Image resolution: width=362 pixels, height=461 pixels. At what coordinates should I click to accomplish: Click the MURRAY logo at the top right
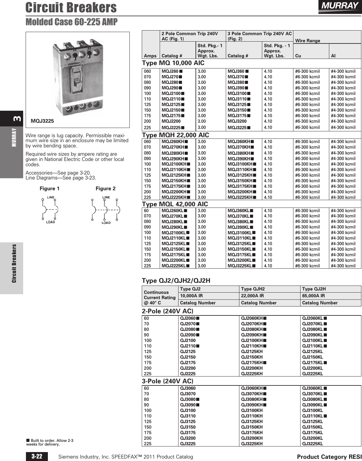coord(339,6)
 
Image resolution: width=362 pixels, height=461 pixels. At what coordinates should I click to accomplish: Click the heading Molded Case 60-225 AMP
coord(71,22)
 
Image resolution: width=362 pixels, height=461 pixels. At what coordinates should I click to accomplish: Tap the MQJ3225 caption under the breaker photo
coord(43,121)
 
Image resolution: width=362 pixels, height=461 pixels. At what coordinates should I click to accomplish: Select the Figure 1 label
coord(49,188)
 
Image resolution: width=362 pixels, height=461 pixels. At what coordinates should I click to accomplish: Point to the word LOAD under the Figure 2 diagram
coord(106,223)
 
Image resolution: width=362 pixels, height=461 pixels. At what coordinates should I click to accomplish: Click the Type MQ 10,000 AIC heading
coord(173,63)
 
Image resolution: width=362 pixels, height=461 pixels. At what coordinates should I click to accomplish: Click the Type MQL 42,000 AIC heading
coord(175,204)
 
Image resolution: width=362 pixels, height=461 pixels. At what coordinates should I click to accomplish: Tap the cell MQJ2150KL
coord(174,249)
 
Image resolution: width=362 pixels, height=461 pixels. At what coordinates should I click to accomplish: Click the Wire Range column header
coord(308,41)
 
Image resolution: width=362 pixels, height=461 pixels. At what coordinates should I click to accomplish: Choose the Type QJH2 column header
coord(253,289)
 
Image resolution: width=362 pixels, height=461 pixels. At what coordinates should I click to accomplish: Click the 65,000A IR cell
coord(313,296)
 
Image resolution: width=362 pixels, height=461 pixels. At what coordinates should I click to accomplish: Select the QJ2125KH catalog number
coord(252,352)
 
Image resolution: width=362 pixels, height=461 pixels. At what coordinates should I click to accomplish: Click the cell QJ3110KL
coord(313,416)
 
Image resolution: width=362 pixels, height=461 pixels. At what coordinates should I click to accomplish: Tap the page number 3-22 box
coord(37,456)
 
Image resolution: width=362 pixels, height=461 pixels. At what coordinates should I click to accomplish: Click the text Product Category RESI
coord(329,457)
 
